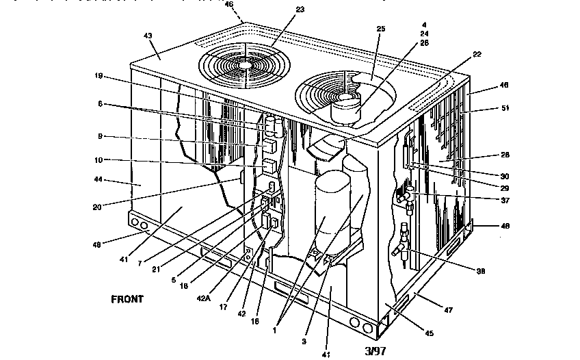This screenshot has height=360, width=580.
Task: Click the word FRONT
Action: [x=127, y=300]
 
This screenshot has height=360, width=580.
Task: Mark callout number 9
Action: [x=100, y=137]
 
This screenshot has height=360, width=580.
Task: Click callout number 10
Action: [x=99, y=160]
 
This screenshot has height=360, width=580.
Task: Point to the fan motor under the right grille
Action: [x=348, y=107]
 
